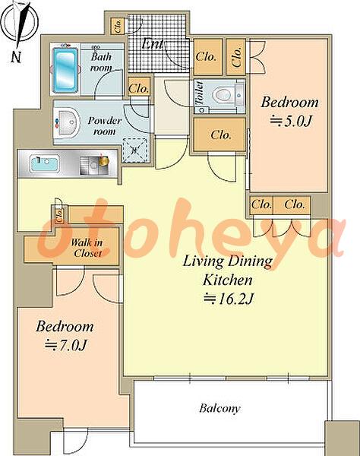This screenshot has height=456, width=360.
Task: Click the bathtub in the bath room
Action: (x=65, y=69)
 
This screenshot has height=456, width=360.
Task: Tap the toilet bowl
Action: (x=223, y=95)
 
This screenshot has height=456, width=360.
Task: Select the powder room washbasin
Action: (x=68, y=122)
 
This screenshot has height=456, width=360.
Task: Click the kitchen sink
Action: (x=45, y=163)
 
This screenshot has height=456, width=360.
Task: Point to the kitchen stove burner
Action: (x=94, y=165)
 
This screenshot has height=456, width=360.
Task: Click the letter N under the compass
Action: (x=16, y=57)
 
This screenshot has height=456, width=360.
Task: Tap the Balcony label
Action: (x=219, y=409)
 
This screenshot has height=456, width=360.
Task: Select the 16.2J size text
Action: (x=229, y=299)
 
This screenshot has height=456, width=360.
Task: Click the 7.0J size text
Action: (x=66, y=345)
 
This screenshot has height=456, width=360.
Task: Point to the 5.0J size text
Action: (x=291, y=121)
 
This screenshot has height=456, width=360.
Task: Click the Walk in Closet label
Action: (x=87, y=248)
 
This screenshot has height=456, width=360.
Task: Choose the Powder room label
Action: (x=105, y=125)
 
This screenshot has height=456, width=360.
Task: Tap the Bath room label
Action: (x=101, y=62)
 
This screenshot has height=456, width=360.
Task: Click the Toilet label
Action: (x=200, y=93)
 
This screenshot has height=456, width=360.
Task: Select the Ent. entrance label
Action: (x=152, y=44)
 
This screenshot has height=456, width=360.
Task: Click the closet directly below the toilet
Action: (x=219, y=135)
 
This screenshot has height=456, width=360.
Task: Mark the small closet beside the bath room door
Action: (x=139, y=87)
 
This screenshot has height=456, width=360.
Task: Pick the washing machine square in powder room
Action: (x=134, y=150)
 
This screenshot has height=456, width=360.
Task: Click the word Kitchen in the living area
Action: (x=228, y=280)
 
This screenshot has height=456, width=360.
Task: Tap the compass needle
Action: (x=22, y=25)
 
